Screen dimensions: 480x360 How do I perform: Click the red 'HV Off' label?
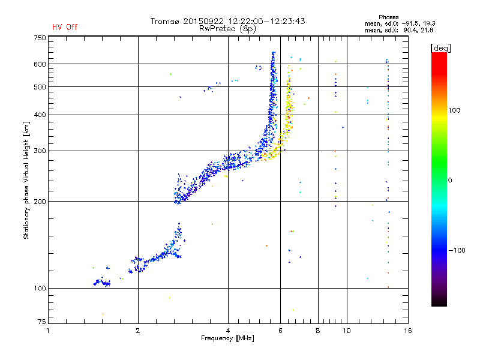pyautogui.click(x=65, y=27)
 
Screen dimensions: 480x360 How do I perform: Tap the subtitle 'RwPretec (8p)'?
pyautogui.click(x=227, y=29)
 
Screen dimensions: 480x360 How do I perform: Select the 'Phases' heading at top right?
pyautogui.click(x=388, y=17)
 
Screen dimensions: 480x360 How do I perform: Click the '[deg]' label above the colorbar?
pyautogui.click(x=440, y=49)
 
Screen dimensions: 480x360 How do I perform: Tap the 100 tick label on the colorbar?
pyautogui.click(x=454, y=110)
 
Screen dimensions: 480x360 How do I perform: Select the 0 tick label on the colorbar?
pyautogui.click(x=450, y=181)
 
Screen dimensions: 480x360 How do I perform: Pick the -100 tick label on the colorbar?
pyautogui.click(x=457, y=250)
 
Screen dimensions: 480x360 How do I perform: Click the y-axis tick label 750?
pyautogui.click(x=40, y=38)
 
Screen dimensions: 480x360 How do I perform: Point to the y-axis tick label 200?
pyautogui.click(x=40, y=202)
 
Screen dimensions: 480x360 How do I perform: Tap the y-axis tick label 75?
pyautogui.click(x=42, y=322)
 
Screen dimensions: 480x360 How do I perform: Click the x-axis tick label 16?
pyautogui.click(x=408, y=331)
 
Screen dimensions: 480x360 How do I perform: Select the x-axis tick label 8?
pyautogui.click(x=318, y=331)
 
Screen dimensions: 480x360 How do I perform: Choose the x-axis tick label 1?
pyautogui.click(x=48, y=331)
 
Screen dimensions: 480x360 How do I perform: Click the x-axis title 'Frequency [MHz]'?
pyautogui.click(x=227, y=338)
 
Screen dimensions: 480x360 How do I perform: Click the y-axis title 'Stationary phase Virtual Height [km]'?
pyautogui.click(x=26, y=180)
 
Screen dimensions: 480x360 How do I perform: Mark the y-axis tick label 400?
pyautogui.click(x=40, y=115)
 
